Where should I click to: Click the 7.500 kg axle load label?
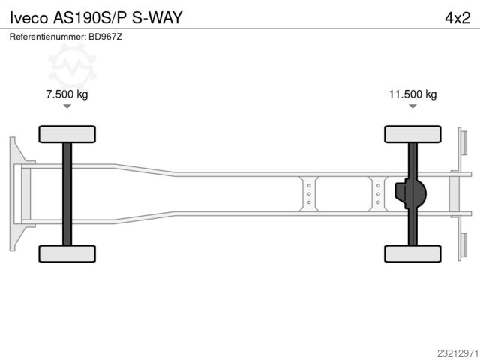click(x=67, y=94)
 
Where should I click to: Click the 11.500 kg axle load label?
click(x=412, y=94)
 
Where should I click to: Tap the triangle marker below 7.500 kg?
click(x=67, y=106)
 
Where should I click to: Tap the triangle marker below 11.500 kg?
click(x=412, y=106)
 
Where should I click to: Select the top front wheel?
click(x=67, y=134)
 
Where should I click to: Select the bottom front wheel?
click(x=67, y=253)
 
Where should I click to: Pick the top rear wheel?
click(x=412, y=134)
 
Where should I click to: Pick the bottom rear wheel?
click(x=412, y=253)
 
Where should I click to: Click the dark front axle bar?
click(x=67, y=194)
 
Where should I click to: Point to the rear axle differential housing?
click(x=410, y=193)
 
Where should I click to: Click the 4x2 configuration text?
click(x=457, y=18)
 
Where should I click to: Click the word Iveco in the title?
click(x=29, y=18)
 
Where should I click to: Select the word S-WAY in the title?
click(x=157, y=18)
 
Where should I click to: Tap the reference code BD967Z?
click(x=105, y=37)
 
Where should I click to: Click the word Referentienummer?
click(x=48, y=37)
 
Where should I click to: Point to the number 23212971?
click(x=457, y=353)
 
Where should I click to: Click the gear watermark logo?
click(x=72, y=66)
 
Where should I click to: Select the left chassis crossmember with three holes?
click(x=309, y=194)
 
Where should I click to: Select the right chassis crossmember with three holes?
click(x=378, y=194)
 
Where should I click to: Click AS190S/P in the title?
click(x=90, y=18)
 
